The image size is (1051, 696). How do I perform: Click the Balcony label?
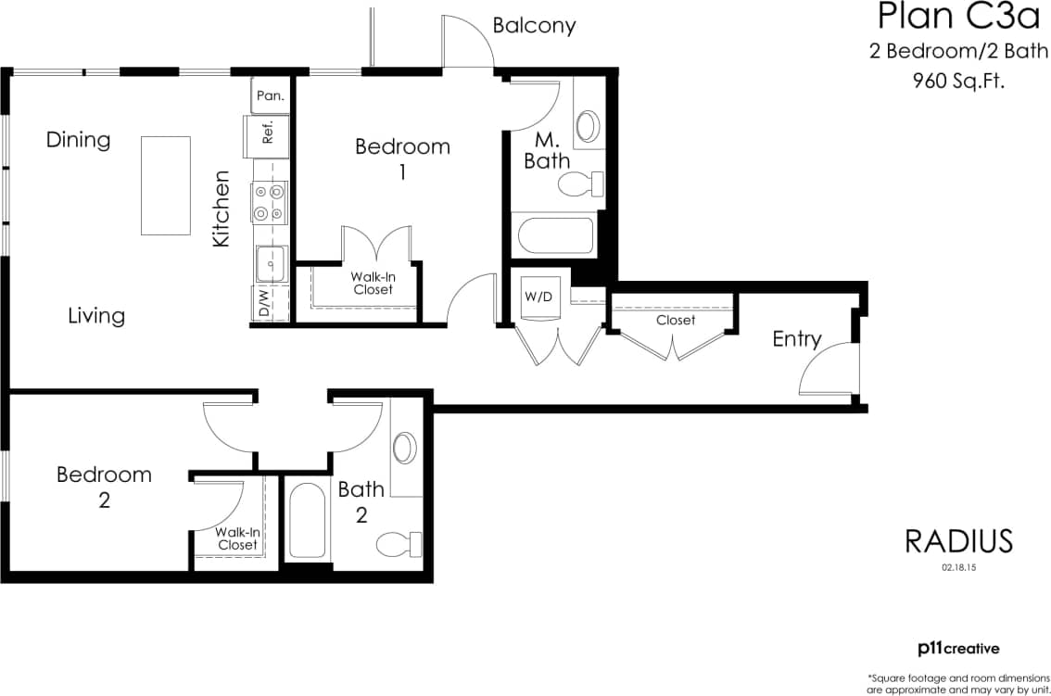tap(534, 26)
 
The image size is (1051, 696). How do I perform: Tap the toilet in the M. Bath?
tap(580, 183)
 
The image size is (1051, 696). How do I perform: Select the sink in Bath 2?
tap(405, 448)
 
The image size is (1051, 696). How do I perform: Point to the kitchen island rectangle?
tap(165, 185)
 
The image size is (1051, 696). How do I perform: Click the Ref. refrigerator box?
tap(265, 133)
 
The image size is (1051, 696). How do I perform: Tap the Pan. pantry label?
tap(270, 95)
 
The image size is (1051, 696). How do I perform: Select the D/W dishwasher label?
tap(264, 304)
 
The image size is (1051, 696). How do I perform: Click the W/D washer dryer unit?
tap(537, 298)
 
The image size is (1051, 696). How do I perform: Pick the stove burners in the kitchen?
tap(269, 202)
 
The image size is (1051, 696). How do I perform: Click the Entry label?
tap(797, 339)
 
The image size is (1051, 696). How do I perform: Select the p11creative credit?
tap(957, 649)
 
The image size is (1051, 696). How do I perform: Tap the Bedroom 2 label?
tap(104, 487)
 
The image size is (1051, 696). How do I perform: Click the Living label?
tap(96, 316)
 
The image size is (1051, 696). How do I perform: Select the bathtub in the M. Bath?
tap(555, 235)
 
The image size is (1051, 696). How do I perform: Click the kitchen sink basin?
tap(271, 262)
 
